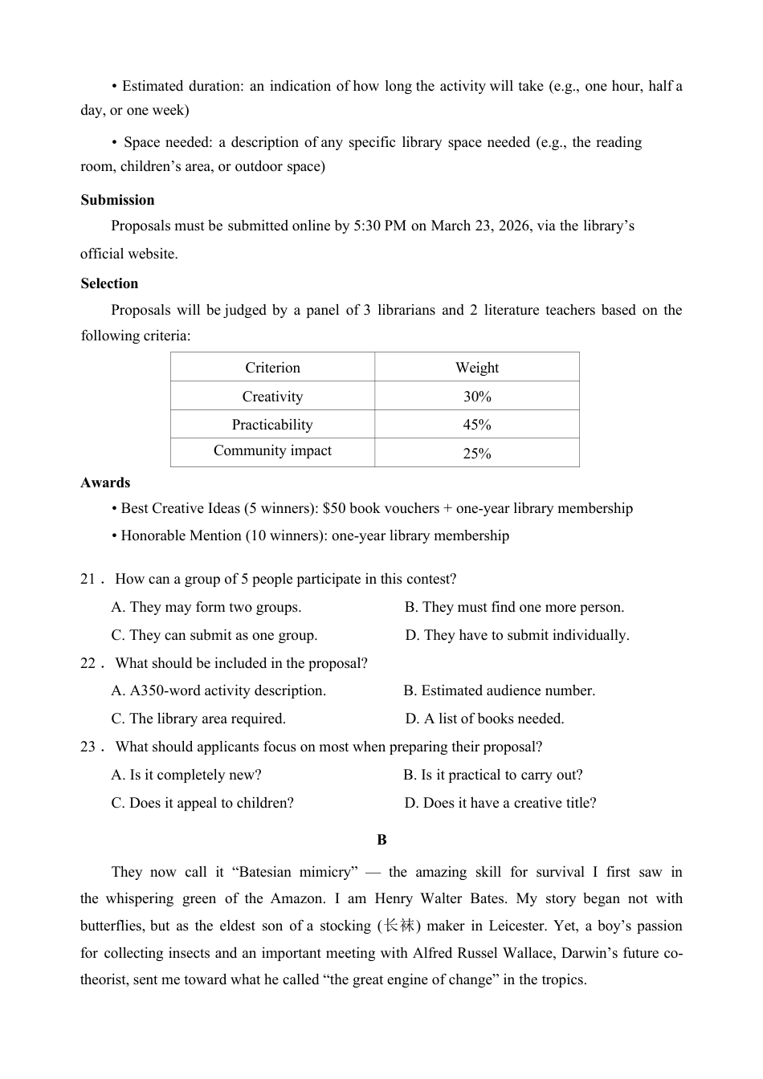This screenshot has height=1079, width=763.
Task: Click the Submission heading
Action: tap(117, 200)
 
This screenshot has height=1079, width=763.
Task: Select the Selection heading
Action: tap(109, 283)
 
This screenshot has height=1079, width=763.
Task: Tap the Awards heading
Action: tap(105, 482)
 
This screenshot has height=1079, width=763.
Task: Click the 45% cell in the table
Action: tap(476, 425)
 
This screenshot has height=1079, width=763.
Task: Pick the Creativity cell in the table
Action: tap(272, 397)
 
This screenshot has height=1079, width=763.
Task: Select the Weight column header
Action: tap(476, 368)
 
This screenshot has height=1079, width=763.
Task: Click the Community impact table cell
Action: tap(272, 450)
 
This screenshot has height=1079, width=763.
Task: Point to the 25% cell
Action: tap(476, 454)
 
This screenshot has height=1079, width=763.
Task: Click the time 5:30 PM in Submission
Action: tap(380, 226)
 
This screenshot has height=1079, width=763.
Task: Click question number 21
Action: tap(88, 579)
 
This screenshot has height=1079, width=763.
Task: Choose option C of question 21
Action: tap(214, 635)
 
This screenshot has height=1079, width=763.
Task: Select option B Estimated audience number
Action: tap(499, 690)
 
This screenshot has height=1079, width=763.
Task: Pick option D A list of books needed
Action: tap(484, 719)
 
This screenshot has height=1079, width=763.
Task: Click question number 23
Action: tap(88, 747)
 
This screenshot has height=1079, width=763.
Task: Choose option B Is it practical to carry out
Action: tap(492, 775)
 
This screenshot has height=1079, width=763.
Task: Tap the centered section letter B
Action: tap(381, 840)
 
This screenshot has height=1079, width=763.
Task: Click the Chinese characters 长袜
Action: tap(399, 926)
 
